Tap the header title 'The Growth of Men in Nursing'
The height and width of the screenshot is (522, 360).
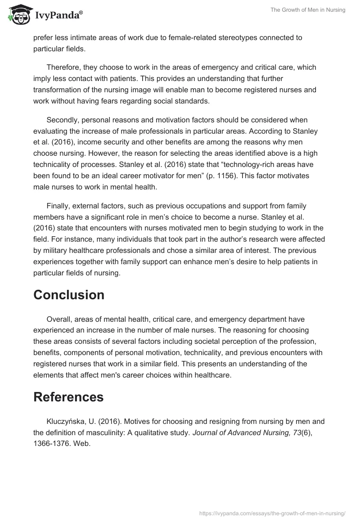coord(307,10)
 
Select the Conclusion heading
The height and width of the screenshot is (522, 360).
coord(69,295)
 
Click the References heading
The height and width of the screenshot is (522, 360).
coord(68,397)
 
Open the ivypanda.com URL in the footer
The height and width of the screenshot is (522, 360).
coord(273,513)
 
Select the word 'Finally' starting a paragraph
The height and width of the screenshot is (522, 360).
coord(58,206)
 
